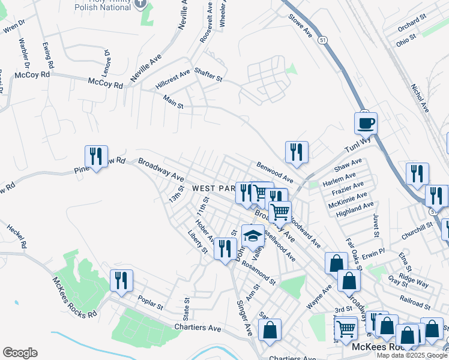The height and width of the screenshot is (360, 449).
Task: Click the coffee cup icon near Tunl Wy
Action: [x=366, y=124]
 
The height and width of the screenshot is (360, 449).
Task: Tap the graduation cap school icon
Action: [x=253, y=236]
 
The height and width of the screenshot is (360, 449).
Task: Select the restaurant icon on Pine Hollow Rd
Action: [x=96, y=157]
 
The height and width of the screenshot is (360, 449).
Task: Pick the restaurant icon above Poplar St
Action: [x=121, y=280]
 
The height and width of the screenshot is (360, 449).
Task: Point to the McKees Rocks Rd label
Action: [x=74, y=298]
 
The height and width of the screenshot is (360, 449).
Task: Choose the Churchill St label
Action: [x=417, y=226]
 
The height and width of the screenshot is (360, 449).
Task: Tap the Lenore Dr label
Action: [x=107, y=60]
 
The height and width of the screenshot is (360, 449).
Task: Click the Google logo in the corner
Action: [x=20, y=353]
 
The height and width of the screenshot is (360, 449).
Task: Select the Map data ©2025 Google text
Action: [x=412, y=355]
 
